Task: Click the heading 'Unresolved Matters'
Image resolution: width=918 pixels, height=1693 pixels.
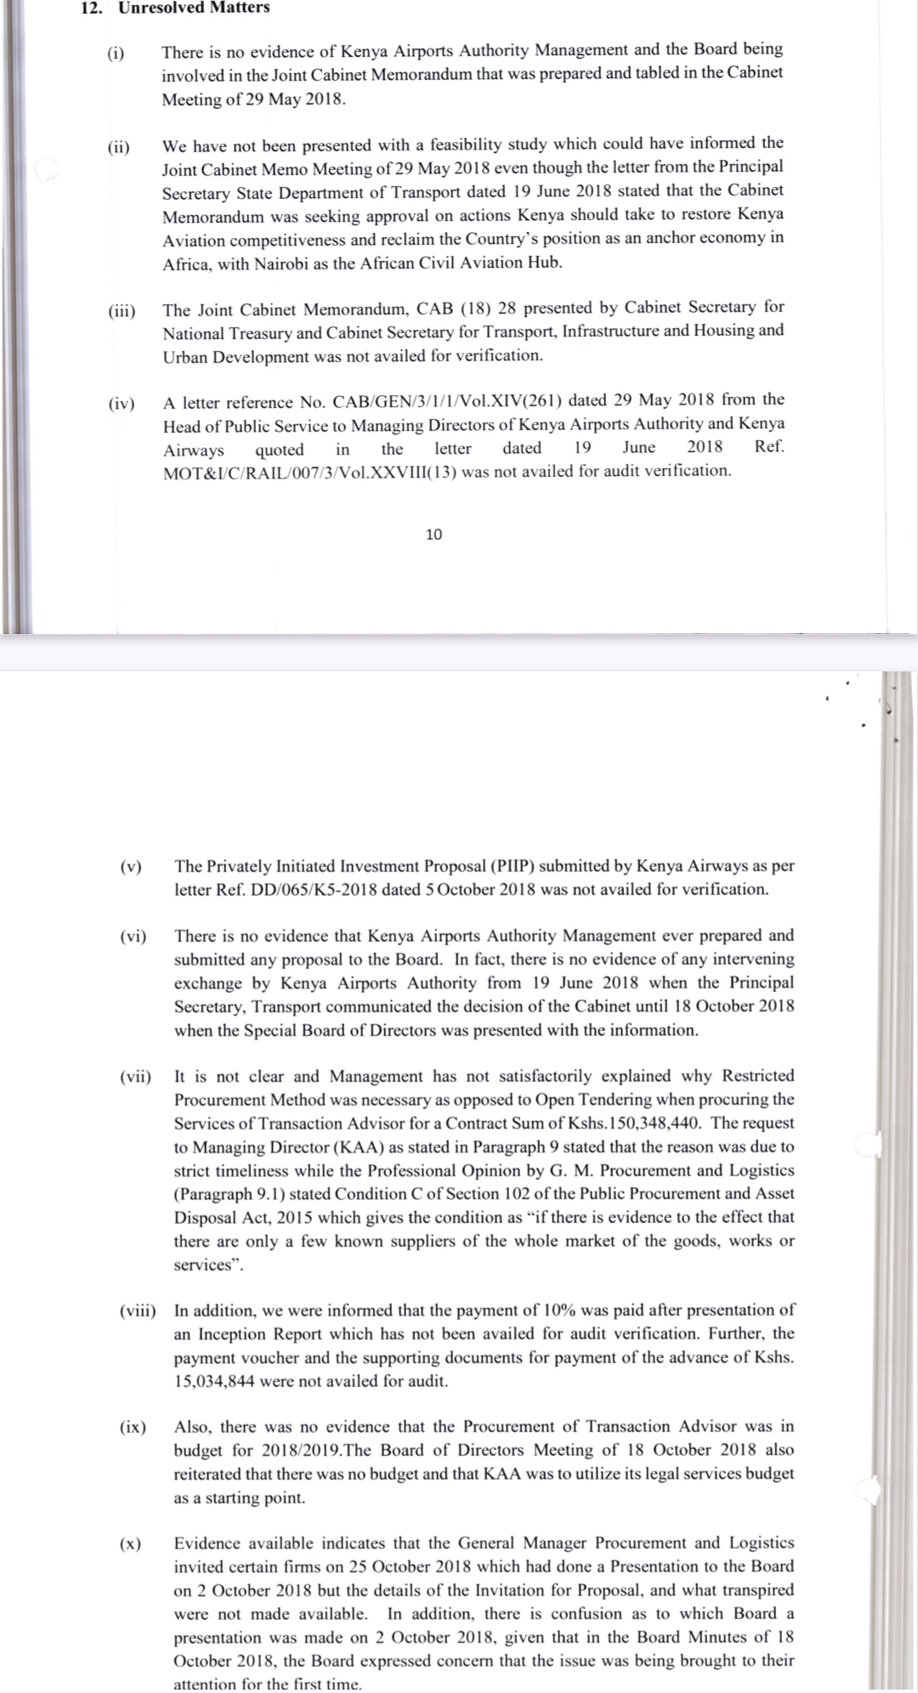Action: point(194,8)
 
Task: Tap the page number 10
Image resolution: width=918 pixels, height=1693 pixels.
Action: point(433,535)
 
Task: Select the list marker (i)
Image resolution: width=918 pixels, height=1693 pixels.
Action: point(116,54)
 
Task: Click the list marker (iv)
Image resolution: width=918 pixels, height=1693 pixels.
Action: point(122,404)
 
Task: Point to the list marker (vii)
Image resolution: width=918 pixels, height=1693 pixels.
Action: point(135,1077)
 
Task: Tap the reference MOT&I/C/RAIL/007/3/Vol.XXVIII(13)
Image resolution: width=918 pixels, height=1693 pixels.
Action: point(309,472)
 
